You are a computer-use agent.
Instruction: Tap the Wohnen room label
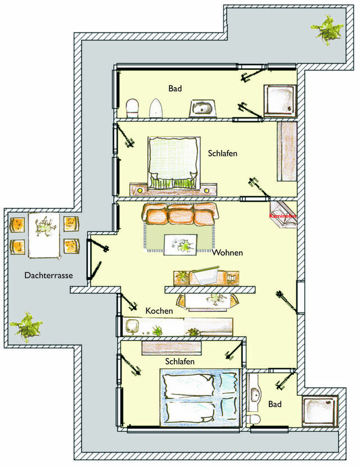click(227, 253)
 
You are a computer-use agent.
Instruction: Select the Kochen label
click(159, 310)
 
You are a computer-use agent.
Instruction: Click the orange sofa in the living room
click(180, 214)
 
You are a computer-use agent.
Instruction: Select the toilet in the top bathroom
click(133, 107)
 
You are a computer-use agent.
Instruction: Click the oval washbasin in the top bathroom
click(201, 107)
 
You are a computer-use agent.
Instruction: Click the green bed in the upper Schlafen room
click(173, 162)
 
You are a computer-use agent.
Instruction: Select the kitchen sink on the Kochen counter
click(134, 326)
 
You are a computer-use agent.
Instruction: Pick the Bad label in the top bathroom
click(175, 88)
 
